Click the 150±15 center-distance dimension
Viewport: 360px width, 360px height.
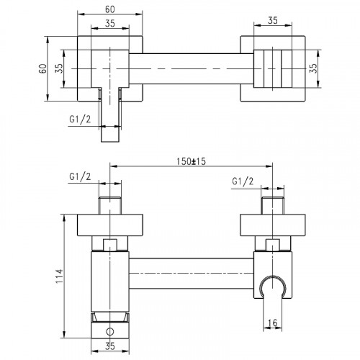point(191,161)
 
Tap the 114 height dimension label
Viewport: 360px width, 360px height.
point(59,276)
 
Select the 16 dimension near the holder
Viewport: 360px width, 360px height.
point(272,323)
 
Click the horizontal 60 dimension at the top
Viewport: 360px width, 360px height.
point(110,9)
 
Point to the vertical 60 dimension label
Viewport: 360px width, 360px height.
point(42,68)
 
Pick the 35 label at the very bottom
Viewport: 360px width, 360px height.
point(110,346)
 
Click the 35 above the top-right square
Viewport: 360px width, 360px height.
point(273,20)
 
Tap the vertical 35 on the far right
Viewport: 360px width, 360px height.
point(313,68)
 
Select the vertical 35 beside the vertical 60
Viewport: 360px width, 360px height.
point(59,68)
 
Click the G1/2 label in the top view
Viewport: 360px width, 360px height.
point(80,119)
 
